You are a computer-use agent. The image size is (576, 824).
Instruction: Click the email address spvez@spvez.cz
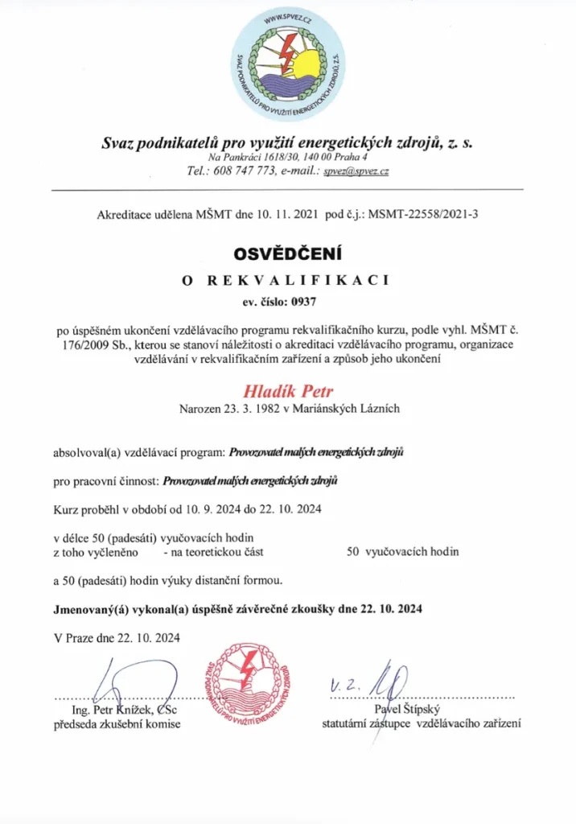pos(356,171)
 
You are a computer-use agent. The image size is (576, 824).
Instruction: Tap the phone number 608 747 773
pos(237,171)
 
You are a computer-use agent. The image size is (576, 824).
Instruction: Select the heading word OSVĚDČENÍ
pos(287,254)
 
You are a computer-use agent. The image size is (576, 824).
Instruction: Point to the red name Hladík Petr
pos(287,392)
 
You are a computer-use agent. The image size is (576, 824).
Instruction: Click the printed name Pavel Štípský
pos(409,708)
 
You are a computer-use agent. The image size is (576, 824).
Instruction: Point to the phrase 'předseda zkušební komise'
pos(117,723)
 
